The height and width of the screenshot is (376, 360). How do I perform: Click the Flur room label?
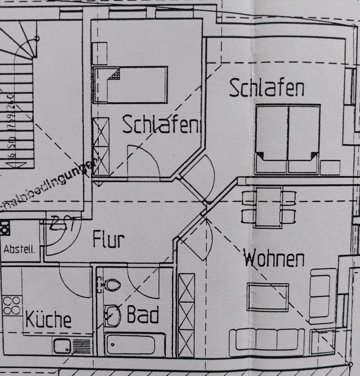tap(108, 240)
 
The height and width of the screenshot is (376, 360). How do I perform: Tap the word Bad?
tap(143, 315)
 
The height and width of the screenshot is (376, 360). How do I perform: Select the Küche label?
tap(49, 320)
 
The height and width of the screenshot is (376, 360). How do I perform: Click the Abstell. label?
tap(20, 249)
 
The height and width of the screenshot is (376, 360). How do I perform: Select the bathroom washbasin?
tap(113, 316)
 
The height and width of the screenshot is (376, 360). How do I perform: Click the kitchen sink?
tap(63, 346)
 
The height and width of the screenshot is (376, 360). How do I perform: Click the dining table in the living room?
tap(268, 207)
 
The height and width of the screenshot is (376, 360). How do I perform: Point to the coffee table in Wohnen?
tap(268, 297)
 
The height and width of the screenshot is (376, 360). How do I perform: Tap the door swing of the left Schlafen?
tap(143, 161)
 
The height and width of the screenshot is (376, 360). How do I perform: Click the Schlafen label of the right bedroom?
tap(266, 88)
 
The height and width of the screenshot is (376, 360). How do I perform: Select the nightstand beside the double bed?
tap(330, 167)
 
